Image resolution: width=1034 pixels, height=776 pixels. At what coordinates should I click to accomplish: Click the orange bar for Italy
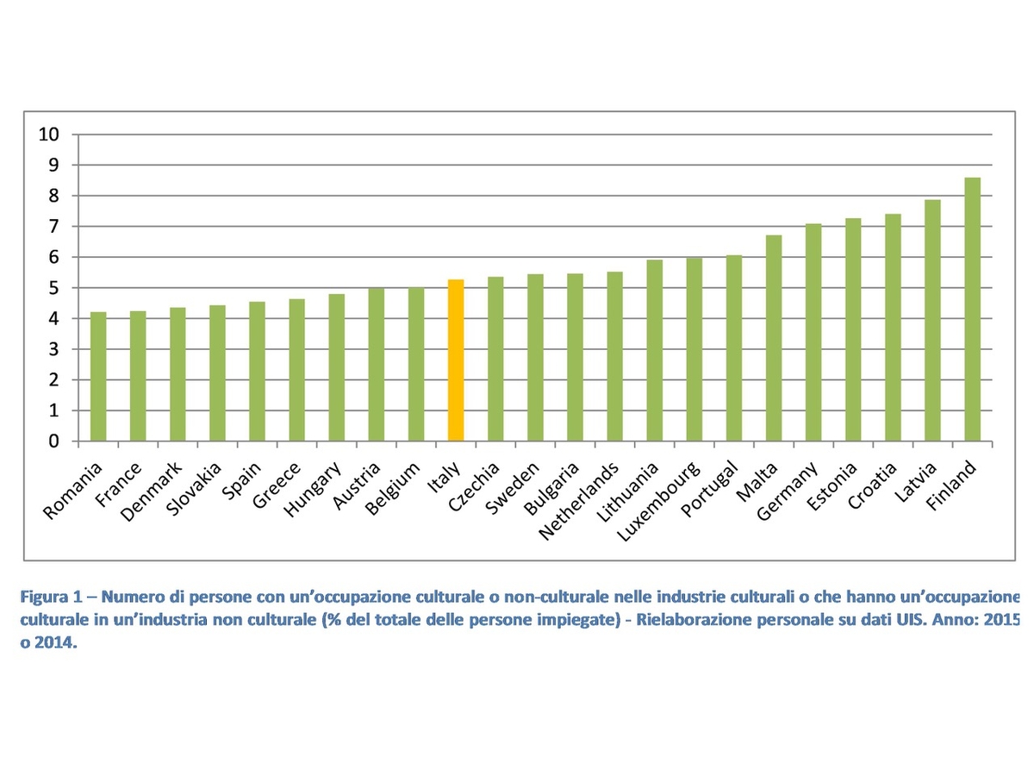(x=456, y=360)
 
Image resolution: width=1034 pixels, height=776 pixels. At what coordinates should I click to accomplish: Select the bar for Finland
(x=973, y=310)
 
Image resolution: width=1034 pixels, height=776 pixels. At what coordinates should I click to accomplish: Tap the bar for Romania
(x=98, y=377)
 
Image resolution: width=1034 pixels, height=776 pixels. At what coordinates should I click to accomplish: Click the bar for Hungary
(x=337, y=368)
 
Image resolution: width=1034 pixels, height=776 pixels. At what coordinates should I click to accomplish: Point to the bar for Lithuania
(x=655, y=351)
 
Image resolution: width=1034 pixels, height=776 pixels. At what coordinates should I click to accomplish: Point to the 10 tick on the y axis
(x=49, y=135)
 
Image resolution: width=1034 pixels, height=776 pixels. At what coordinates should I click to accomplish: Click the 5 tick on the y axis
(x=53, y=288)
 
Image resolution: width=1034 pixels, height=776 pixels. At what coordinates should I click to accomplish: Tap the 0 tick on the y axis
(x=53, y=441)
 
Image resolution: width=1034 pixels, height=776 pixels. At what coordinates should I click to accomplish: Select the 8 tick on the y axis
(x=53, y=196)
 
